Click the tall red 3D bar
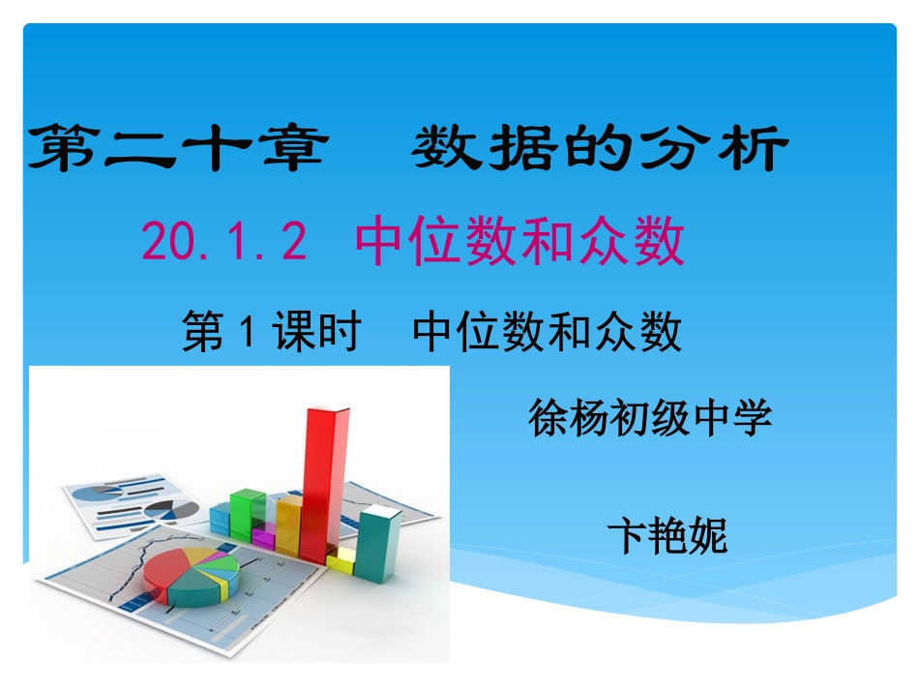(323, 484)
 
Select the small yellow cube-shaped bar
(341, 558)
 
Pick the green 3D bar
(249, 513)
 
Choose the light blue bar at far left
(221, 521)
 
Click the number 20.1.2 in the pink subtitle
(224, 242)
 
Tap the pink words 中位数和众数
(520, 242)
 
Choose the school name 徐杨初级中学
(649, 419)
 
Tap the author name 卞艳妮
(667, 535)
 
